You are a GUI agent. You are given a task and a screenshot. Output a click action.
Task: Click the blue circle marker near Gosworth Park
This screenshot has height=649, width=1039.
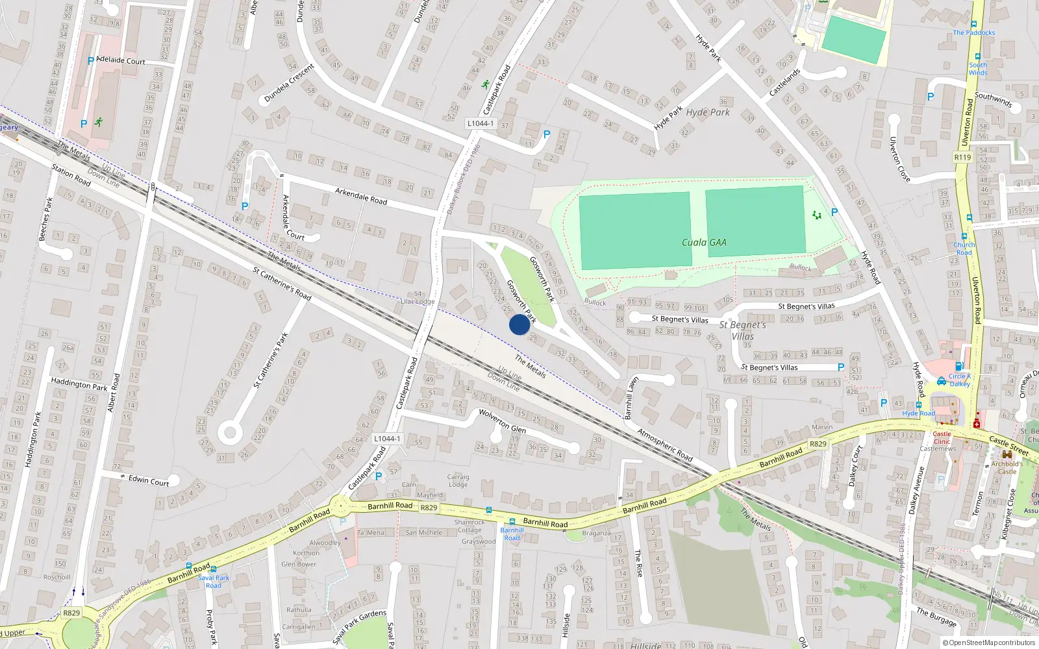(x=519, y=324)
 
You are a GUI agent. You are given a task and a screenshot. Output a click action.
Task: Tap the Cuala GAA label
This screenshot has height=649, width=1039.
(x=704, y=242)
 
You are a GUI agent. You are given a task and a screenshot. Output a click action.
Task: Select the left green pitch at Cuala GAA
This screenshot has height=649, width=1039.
(x=635, y=230)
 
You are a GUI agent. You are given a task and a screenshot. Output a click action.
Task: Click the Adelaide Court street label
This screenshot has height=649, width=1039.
(x=121, y=60)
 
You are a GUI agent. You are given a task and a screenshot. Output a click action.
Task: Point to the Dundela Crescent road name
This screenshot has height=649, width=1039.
(x=289, y=83)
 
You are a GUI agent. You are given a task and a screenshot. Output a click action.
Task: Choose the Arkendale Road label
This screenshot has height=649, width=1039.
(x=361, y=196)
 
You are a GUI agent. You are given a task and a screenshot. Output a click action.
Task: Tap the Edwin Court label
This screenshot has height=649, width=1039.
(x=149, y=480)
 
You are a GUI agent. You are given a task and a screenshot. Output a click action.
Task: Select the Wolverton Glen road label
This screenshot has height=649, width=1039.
(x=503, y=421)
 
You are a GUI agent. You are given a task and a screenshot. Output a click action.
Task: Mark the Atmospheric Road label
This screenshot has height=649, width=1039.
(x=665, y=445)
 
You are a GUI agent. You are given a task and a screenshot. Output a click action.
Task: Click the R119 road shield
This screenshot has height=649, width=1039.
(x=962, y=157)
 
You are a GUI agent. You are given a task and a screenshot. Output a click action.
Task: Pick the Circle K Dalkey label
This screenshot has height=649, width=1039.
(x=959, y=380)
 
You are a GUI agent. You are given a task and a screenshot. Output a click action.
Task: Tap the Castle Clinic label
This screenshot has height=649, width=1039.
(x=942, y=437)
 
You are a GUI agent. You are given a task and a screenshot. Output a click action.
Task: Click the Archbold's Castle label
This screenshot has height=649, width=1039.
(x=1007, y=467)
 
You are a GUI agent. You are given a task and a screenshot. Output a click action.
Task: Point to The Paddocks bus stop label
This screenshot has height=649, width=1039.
(x=973, y=32)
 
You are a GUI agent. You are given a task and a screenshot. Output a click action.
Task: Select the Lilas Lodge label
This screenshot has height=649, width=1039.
(x=418, y=302)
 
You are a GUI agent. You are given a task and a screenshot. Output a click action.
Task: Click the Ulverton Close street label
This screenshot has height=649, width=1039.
(x=899, y=160)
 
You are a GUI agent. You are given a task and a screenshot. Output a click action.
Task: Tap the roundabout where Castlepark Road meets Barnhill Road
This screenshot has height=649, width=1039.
(x=339, y=506)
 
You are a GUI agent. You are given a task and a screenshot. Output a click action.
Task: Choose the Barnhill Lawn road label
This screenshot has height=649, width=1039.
(x=631, y=397)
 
